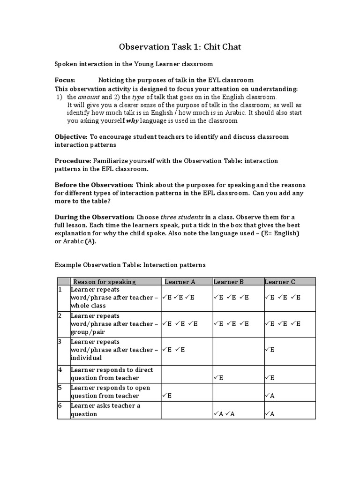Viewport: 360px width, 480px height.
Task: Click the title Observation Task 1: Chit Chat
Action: pos(180,46)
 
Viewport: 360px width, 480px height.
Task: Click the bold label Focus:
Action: pos(65,80)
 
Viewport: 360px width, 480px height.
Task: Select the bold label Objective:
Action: pos(71,136)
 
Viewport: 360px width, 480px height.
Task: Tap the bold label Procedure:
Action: pos(72,161)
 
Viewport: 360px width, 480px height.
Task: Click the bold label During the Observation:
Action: pos(94,217)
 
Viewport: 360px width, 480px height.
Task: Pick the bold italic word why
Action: pos(133,120)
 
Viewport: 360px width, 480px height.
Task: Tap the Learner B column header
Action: pos(229,282)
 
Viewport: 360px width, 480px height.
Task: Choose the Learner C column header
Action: pos(280,282)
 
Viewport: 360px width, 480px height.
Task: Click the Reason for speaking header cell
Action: pos(105,282)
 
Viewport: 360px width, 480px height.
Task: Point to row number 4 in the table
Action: pos(60,370)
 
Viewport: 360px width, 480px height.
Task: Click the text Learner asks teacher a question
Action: pos(105,410)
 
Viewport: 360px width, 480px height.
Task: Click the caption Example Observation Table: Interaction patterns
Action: pos(130,265)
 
